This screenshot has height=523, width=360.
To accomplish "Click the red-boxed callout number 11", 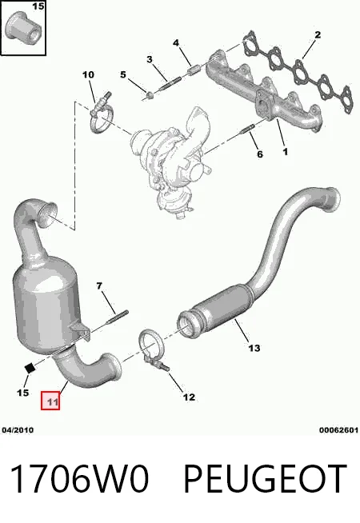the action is (x=50, y=401).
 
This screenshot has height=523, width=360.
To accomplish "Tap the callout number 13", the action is (x=254, y=348).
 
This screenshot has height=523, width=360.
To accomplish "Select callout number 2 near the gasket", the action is (x=318, y=34).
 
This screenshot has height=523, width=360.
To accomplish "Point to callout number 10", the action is (x=89, y=74).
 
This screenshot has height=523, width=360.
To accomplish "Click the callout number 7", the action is (x=99, y=285).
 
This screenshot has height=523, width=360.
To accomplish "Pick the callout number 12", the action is (x=189, y=397).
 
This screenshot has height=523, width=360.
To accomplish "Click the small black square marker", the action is (x=30, y=368).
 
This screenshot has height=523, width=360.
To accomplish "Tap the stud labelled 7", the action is (x=117, y=317).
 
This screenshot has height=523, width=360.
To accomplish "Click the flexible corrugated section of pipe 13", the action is (x=223, y=304).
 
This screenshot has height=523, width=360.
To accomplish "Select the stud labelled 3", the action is (x=170, y=83).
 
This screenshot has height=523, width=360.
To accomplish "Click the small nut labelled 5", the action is (x=150, y=96).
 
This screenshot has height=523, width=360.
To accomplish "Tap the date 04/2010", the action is (x=18, y=430).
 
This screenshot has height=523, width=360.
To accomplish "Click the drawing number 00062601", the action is (x=338, y=430).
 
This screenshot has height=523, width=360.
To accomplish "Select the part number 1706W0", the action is (x=78, y=479).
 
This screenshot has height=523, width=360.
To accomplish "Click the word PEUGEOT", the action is (x=266, y=479).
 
